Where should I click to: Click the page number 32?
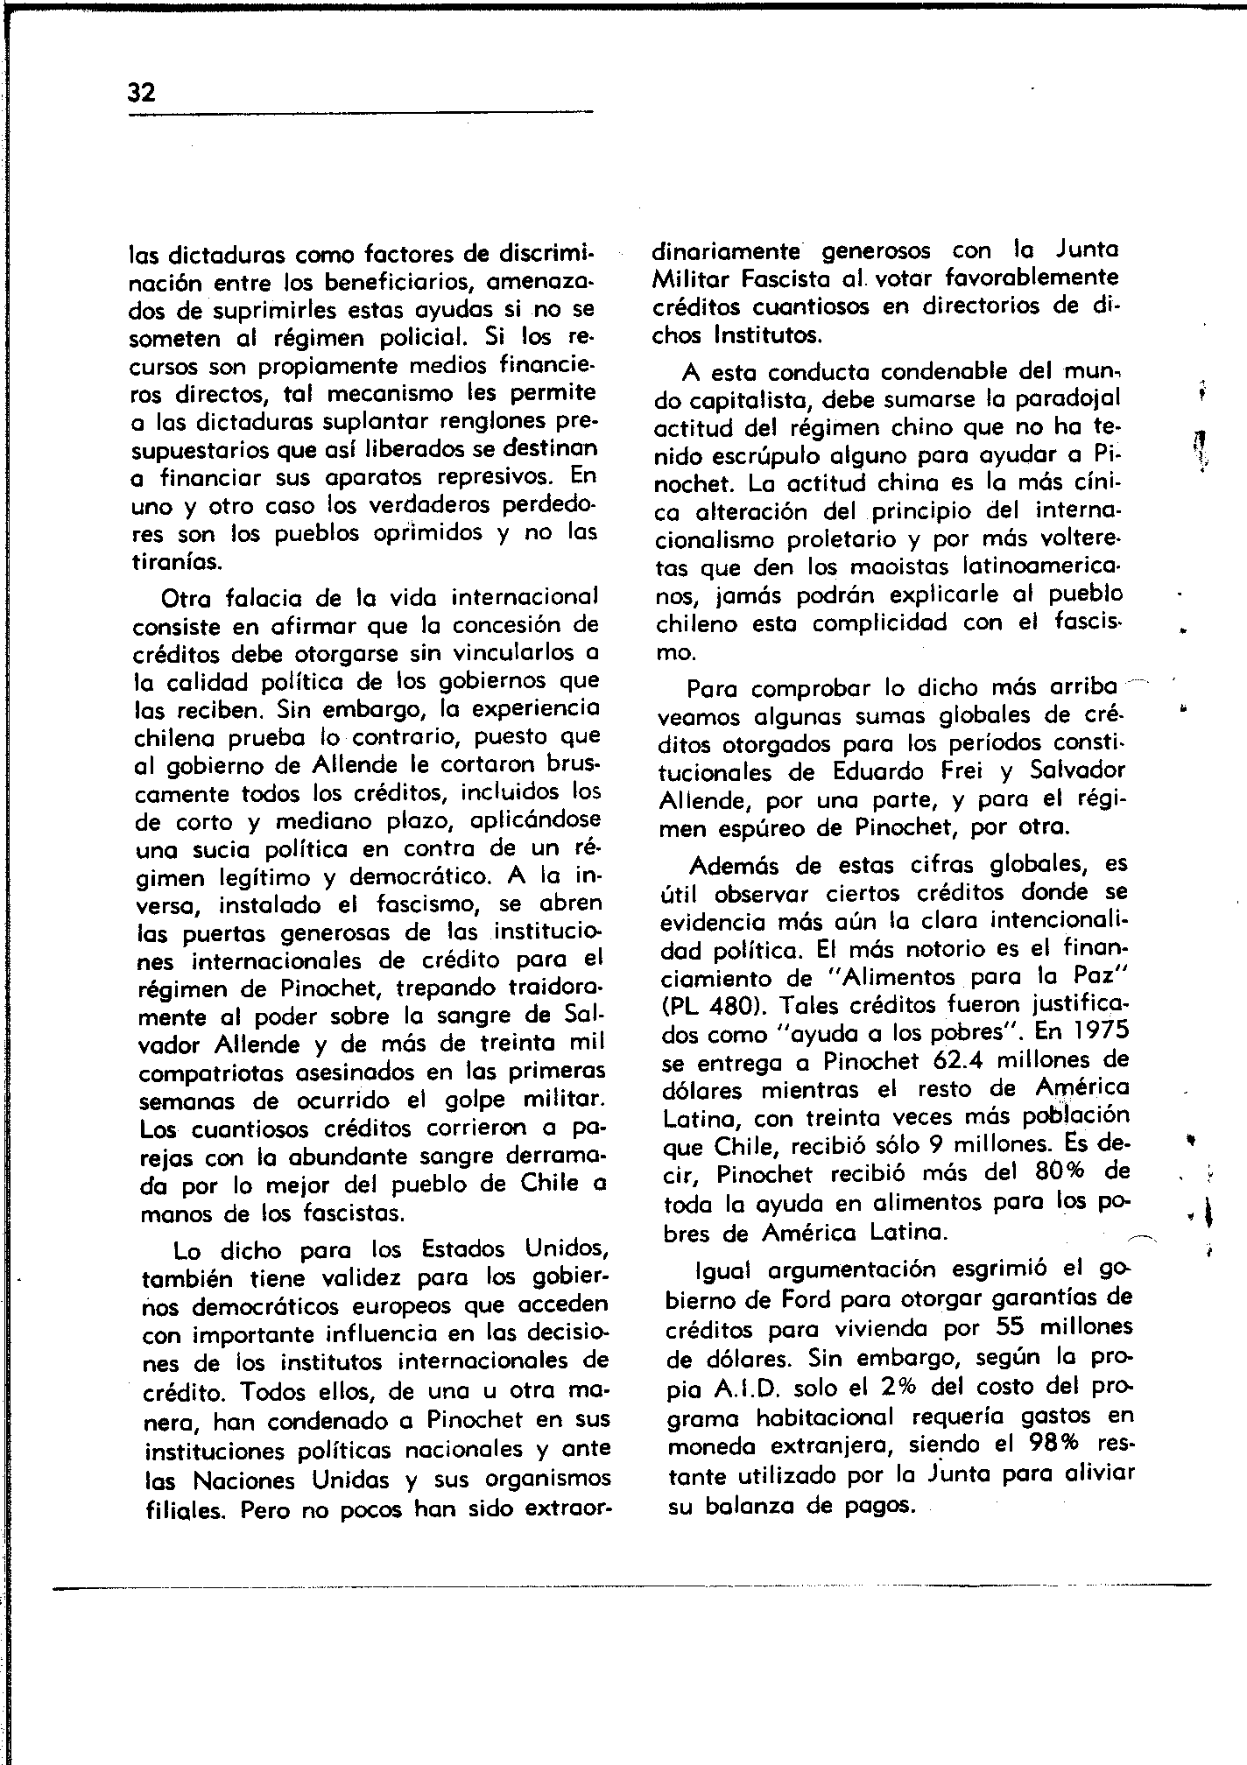coord(142,93)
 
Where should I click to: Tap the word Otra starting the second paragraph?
coord(187,599)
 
